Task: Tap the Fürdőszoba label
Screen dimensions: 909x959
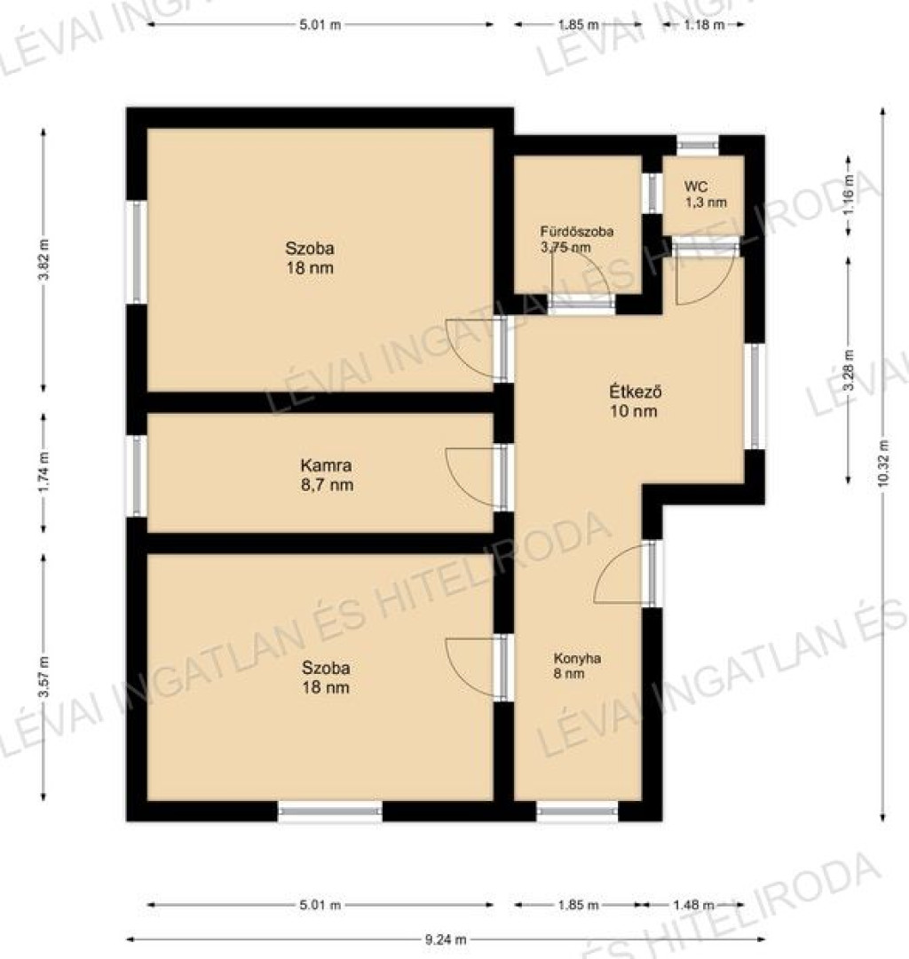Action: [576, 232]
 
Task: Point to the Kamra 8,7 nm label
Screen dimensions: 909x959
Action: [327, 475]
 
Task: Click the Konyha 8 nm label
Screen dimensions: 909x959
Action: [577, 666]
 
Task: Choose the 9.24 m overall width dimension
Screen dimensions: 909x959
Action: [446, 939]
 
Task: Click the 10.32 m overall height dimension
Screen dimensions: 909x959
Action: [882, 463]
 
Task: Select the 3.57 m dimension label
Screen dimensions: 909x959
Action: [43, 678]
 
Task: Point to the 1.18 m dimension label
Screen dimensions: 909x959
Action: [704, 25]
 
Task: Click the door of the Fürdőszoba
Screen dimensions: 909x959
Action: [581, 304]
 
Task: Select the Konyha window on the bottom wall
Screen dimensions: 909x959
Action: [578, 811]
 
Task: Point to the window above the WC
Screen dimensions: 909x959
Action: [698, 145]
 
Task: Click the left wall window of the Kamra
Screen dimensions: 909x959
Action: [137, 475]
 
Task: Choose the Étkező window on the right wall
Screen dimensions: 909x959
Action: [755, 396]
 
